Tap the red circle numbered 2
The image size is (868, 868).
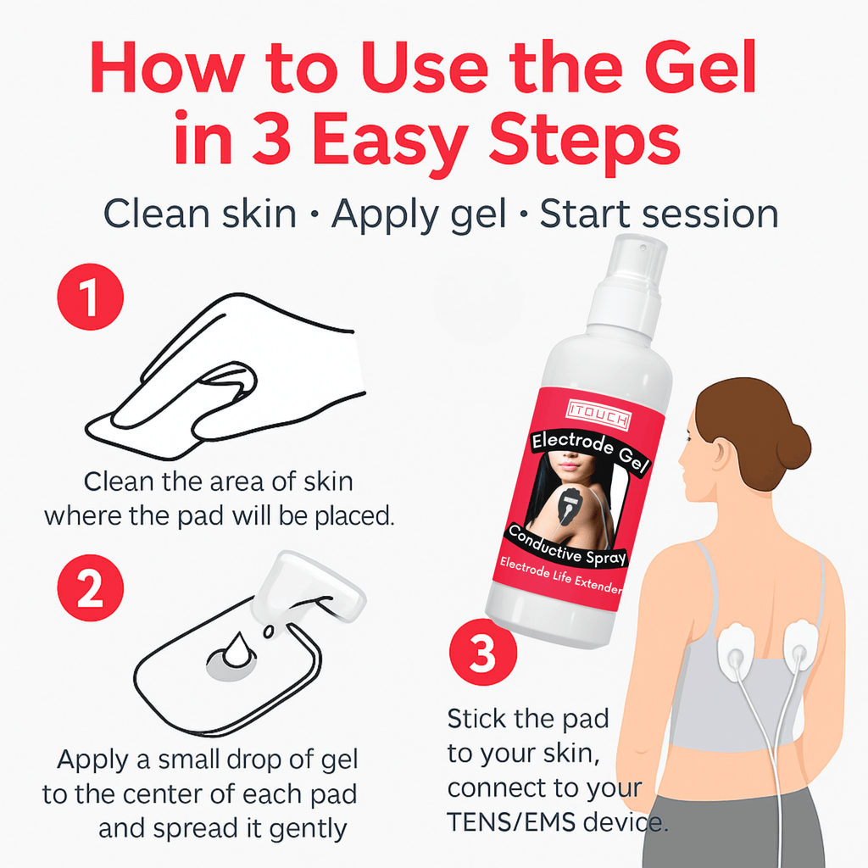point(90,590)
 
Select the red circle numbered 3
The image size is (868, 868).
point(483,654)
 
